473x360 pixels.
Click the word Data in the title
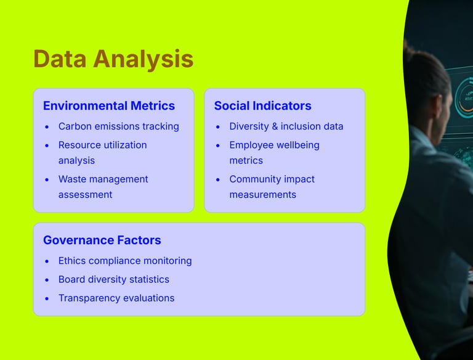click(60, 59)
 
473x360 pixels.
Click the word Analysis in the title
click(144, 60)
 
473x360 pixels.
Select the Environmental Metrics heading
click(109, 105)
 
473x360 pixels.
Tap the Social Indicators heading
click(263, 105)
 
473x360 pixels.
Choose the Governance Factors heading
click(102, 240)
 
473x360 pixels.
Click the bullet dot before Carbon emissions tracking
click(47, 127)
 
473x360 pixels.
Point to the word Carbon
click(75, 126)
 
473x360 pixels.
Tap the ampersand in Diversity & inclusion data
click(275, 126)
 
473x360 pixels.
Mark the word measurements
click(263, 195)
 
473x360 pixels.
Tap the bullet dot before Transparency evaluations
click(47, 299)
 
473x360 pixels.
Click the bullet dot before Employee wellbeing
click(218, 145)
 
